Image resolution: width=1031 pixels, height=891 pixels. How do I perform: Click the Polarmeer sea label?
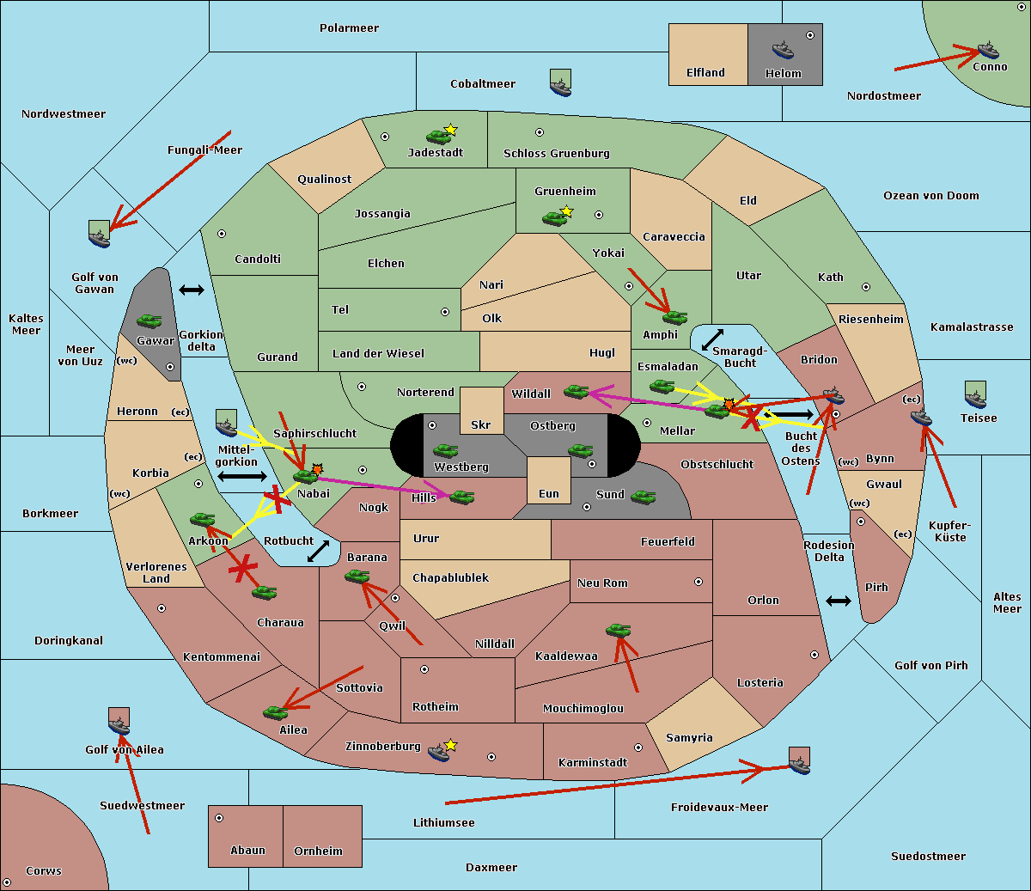pos(349,28)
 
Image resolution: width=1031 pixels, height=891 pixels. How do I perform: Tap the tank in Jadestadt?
pos(439,136)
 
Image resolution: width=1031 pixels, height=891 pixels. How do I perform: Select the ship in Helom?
pos(783,49)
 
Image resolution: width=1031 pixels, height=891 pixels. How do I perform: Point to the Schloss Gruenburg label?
pos(556,154)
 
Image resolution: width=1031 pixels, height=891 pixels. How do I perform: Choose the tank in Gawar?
pos(149,321)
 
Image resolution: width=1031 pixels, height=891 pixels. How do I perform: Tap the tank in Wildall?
pos(576,392)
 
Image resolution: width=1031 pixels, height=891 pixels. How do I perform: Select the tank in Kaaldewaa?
pos(618,631)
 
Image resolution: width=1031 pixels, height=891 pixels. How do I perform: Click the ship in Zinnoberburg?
pos(439,752)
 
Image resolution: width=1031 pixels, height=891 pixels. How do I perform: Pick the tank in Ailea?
pos(275,712)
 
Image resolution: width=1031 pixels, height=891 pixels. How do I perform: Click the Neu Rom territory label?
pos(602,583)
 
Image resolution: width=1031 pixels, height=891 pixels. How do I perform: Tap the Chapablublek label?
pos(450,578)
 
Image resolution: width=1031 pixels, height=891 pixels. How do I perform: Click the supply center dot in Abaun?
pos(219,818)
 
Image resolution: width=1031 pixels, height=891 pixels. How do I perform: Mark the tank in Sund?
pos(643,497)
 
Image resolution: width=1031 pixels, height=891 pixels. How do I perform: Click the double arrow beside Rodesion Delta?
pos(838,601)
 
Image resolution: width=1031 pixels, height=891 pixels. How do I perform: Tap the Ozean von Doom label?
pos(930,196)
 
